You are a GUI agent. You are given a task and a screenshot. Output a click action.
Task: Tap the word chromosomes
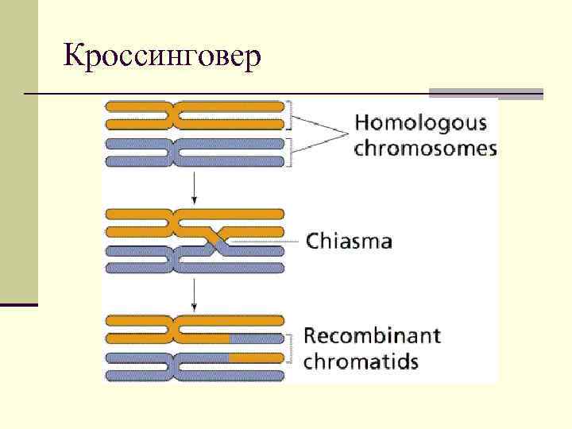coord(425,149)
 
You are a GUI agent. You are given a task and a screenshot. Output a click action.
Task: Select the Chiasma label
coord(349,240)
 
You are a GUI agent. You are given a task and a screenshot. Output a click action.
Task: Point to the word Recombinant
coord(373,335)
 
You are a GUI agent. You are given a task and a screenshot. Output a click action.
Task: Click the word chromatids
coord(361,361)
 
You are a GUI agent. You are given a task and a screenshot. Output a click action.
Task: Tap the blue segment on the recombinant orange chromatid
coord(256,339)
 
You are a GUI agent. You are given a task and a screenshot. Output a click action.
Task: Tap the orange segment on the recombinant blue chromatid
coord(256,357)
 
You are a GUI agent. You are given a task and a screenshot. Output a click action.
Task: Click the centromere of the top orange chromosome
coord(173,115)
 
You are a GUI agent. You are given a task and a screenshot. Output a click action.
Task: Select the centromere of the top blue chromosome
coord(173,153)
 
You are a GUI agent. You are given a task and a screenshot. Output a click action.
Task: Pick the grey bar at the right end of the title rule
coord(486,94)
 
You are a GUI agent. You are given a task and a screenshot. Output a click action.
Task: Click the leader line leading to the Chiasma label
coord(262,240)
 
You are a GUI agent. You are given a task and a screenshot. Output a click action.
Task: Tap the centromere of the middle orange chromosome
coord(173,223)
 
